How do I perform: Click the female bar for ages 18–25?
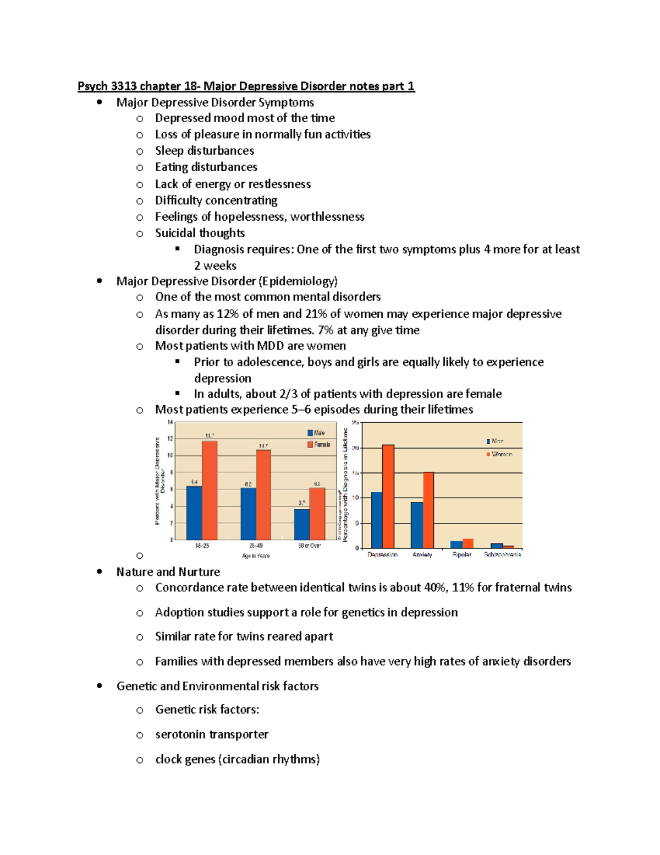[x=210, y=490]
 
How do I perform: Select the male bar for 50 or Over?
[x=301, y=524]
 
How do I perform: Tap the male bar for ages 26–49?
[x=248, y=513]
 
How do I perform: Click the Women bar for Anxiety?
[x=428, y=510]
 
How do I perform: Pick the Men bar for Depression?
[x=377, y=520]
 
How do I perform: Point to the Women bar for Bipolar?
[x=468, y=543]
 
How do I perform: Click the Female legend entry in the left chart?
[x=319, y=444]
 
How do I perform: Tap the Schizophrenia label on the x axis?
[x=502, y=554]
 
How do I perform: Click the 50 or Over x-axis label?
[x=309, y=546]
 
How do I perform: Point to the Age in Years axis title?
[x=256, y=556]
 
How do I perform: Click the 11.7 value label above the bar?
[x=210, y=435]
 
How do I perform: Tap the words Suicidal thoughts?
[x=200, y=233]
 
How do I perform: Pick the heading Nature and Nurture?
[x=168, y=571]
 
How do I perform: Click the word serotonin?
[x=180, y=734]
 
